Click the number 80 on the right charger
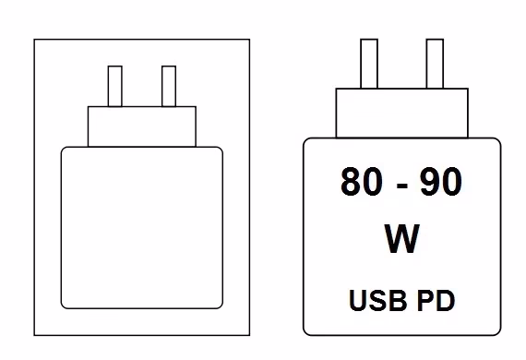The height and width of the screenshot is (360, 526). coord(362,181)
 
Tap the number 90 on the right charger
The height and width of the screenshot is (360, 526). coord(441,181)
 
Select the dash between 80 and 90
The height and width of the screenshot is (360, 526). coord(401,186)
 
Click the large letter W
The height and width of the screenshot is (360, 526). coord(401,238)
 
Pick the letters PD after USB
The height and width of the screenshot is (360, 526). coord(436,300)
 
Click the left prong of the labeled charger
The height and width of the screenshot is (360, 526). coord(369,64)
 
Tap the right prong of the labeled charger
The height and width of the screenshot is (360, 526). coord(435,64)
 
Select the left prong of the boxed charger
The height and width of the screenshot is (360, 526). coord(115,86)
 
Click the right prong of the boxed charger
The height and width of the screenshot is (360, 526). coord(169,86)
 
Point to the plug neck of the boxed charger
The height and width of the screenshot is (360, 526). coord(142,126)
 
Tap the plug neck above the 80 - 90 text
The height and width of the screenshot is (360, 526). coord(401,113)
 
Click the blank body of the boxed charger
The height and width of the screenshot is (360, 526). coord(142,227)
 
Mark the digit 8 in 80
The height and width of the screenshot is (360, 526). coord(351,181)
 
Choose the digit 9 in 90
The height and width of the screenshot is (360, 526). coord(431,181)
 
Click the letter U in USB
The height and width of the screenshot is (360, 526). coord(358,301)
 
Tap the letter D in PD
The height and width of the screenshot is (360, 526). coord(446,300)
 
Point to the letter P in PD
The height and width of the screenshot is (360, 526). coord(425,300)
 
